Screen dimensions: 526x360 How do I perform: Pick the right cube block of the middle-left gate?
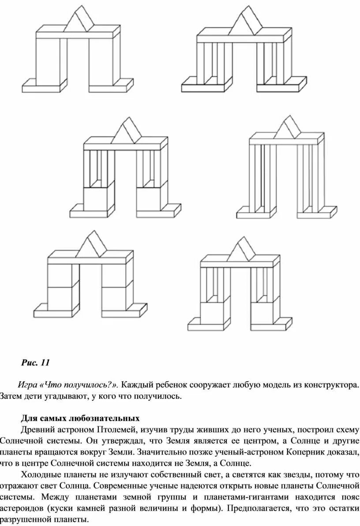click(151, 199)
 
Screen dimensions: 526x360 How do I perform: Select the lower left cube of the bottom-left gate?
click(61, 297)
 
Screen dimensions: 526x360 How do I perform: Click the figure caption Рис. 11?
click(35, 363)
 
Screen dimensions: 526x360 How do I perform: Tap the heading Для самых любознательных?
click(80, 417)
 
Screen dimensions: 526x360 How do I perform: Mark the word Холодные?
click(41, 474)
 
